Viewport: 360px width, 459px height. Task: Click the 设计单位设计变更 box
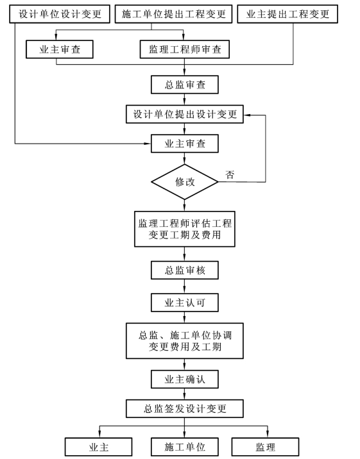point(60,13)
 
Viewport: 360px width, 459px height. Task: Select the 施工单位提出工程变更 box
point(173,13)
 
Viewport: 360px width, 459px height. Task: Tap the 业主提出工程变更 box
point(287,13)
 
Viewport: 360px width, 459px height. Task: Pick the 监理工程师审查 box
point(185,49)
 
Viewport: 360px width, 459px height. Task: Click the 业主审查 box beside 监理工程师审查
point(60,49)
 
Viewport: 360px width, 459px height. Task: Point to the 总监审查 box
point(185,85)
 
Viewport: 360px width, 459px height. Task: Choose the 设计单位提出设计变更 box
point(185,114)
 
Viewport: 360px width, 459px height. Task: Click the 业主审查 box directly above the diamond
point(185,144)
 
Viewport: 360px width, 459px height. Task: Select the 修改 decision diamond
point(185,182)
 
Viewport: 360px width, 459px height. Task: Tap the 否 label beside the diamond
point(230,175)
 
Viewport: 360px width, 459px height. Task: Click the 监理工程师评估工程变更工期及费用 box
point(185,229)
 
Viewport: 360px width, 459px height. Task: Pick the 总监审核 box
point(185,270)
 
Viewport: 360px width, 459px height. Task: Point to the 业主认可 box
point(185,303)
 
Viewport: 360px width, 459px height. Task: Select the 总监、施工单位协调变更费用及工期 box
point(185,341)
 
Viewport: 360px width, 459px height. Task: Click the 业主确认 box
point(185,380)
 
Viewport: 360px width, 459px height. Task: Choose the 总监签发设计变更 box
point(185,408)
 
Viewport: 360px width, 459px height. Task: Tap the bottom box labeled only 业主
point(98,447)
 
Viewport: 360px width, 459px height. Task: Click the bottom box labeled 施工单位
point(185,447)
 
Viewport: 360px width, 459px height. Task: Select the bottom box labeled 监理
point(266,447)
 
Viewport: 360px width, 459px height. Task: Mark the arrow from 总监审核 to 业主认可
point(185,287)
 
